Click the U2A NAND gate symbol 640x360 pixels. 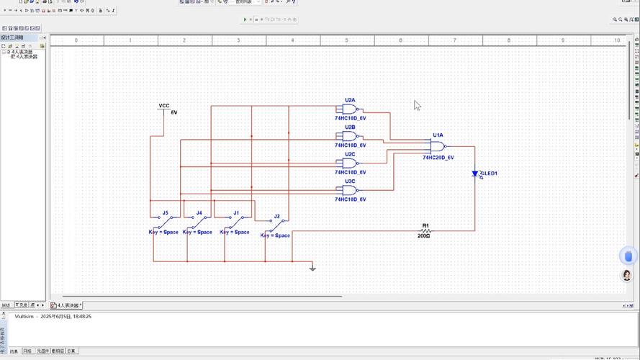tap(351, 109)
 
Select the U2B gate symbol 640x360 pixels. tap(351, 136)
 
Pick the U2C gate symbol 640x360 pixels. tap(351, 163)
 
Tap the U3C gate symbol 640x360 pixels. tap(351, 190)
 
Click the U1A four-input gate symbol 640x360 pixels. tap(438, 145)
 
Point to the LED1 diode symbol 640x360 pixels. tap(475, 174)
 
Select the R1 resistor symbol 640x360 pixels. tap(425, 230)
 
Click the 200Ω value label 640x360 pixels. tap(423, 236)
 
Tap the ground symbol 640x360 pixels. tap(312, 268)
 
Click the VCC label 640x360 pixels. tap(164, 106)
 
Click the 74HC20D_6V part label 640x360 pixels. tap(438, 157)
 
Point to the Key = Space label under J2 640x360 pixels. tap(275, 235)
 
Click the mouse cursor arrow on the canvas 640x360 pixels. tap(417, 105)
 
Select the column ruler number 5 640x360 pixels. tap(346, 41)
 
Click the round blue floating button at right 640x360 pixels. tap(628, 256)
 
